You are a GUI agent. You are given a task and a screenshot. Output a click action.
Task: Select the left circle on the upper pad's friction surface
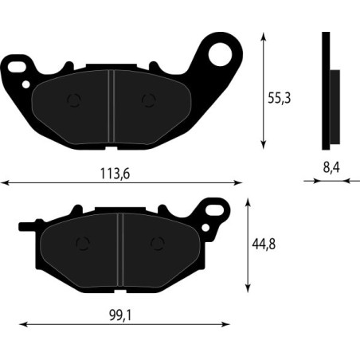pos(76,100)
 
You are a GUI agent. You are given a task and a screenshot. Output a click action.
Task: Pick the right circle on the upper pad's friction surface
pos(147,100)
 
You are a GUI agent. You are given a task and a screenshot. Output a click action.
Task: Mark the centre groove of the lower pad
pos(119,248)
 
